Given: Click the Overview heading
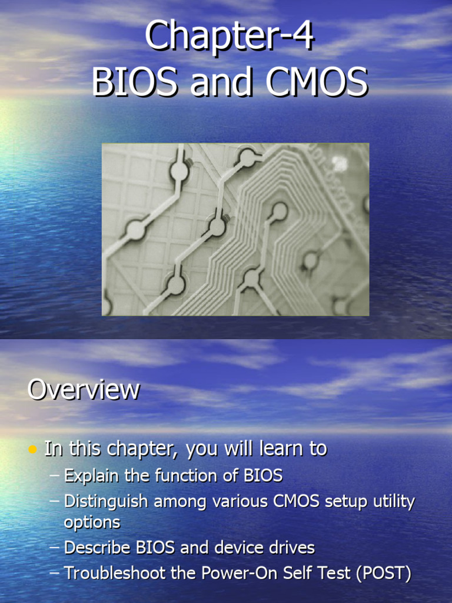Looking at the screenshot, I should [x=84, y=390].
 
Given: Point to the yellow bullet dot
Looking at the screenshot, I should [x=33, y=450].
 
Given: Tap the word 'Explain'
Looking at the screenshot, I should [x=90, y=475].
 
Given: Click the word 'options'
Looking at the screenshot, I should [x=92, y=522].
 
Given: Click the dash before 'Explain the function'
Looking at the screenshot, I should [x=55, y=475].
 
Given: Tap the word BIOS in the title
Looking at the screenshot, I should [x=135, y=82].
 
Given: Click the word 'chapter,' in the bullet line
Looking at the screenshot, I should [x=147, y=449].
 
